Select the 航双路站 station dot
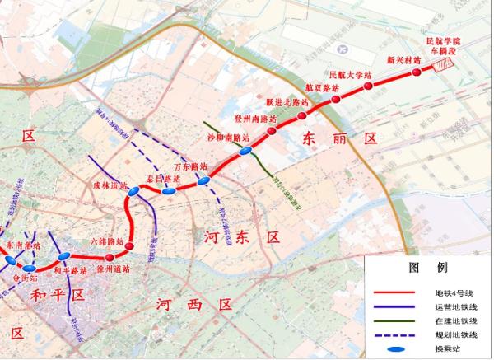point(336,100)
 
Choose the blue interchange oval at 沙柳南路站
point(245,152)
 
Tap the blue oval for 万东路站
point(203,180)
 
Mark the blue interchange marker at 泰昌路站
point(167,191)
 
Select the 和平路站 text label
point(71,270)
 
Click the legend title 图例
point(428,268)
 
